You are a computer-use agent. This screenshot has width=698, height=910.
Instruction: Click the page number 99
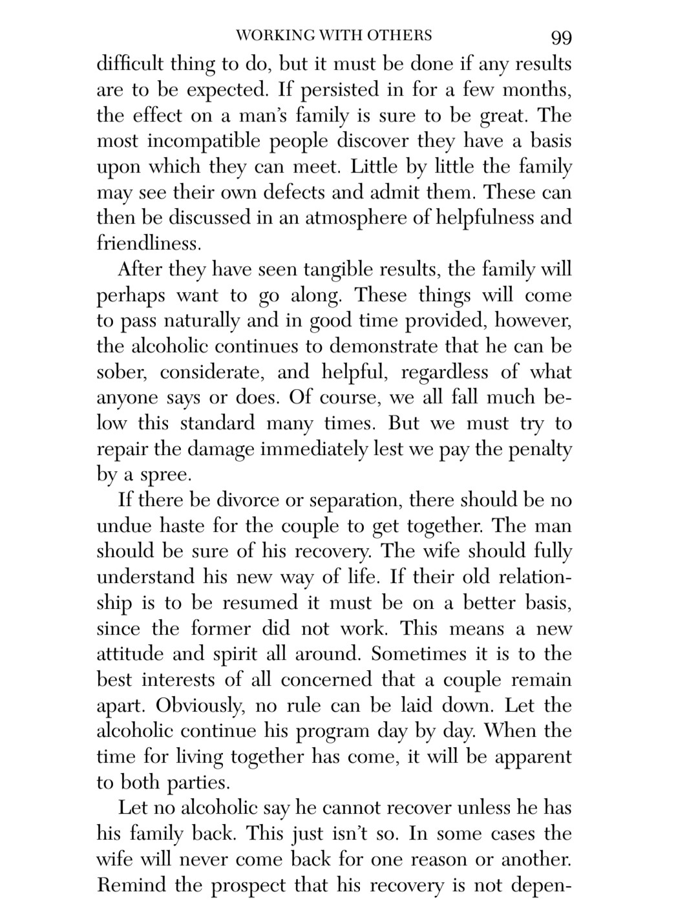tap(561, 37)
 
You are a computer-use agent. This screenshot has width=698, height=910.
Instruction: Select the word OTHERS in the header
tap(401, 35)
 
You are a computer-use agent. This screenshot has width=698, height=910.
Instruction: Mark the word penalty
tap(541, 449)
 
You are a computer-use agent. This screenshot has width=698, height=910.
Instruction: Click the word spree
tap(164, 475)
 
